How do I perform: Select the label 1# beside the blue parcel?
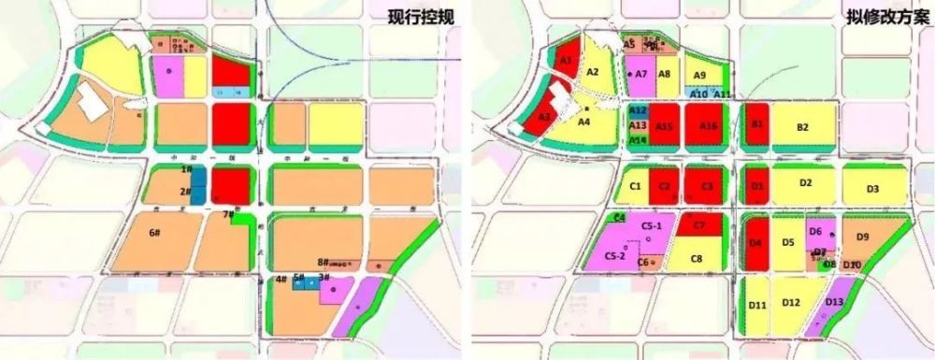click(186, 170)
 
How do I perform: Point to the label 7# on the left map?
click(228, 216)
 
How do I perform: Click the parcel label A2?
click(592, 71)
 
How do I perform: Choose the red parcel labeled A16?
click(708, 125)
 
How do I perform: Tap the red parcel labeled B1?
click(757, 124)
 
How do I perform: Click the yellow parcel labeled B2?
click(802, 127)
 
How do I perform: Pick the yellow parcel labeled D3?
click(872, 189)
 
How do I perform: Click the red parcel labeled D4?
click(755, 242)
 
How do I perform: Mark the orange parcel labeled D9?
click(862, 237)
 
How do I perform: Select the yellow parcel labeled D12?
click(791, 302)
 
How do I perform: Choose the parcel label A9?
click(698, 76)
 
